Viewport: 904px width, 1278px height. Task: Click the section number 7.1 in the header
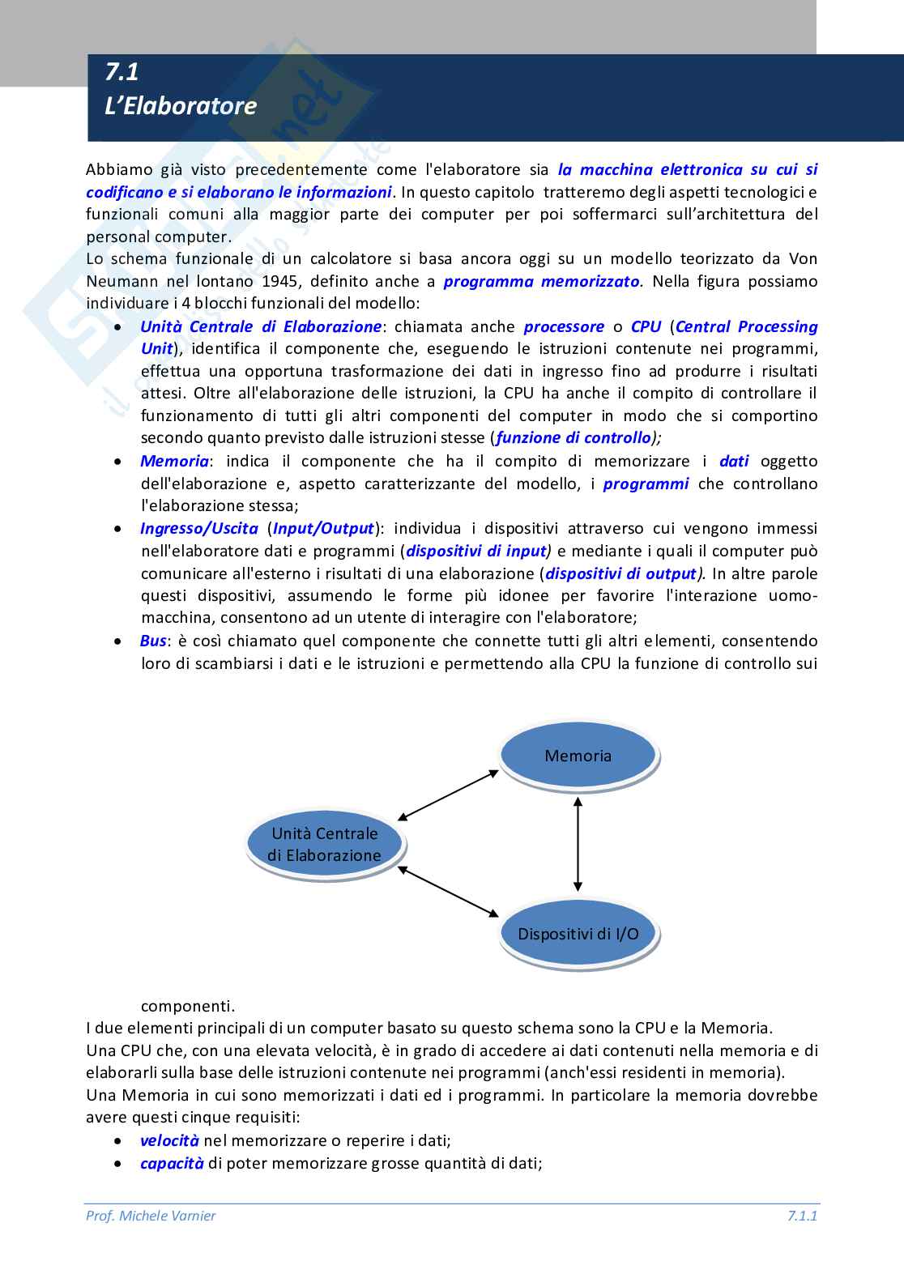tap(122, 72)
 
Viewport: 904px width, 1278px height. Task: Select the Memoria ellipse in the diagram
tap(578, 756)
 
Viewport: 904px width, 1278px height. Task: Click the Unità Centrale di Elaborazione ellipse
tap(324, 844)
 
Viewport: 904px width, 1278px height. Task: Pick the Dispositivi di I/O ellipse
tap(578, 934)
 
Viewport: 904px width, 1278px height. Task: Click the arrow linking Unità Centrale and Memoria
tap(449, 794)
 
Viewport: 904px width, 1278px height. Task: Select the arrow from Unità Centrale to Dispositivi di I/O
tap(449, 891)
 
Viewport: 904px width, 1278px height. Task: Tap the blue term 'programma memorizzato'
tap(542, 282)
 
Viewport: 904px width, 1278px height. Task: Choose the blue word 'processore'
tap(564, 327)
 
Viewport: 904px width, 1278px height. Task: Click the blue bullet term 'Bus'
tap(153, 641)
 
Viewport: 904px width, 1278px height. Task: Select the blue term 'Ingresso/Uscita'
tap(198, 529)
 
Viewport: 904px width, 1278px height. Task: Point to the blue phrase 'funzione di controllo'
tap(573, 438)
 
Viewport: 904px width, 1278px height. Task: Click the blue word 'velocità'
tap(169, 1141)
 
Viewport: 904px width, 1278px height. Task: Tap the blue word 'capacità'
tap(171, 1164)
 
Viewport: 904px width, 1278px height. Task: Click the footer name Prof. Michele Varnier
tap(151, 1216)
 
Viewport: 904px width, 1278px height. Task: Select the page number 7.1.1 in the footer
tap(801, 1216)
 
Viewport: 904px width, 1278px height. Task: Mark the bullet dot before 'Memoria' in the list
tap(119, 462)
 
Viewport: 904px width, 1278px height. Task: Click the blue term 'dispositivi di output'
tap(620, 574)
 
